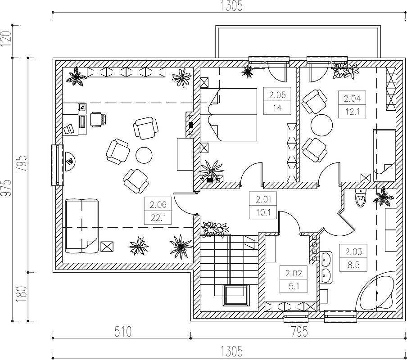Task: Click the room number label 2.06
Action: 158,205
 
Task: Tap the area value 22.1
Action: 158,218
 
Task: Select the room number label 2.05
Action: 277,95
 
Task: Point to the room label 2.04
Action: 352,99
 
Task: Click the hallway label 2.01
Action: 263,199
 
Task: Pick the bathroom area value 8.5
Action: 353,265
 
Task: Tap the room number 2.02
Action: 294,273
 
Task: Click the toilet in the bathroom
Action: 360,198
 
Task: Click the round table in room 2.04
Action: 321,125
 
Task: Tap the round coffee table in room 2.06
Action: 144,155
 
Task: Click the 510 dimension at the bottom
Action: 122,332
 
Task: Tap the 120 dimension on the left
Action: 6,39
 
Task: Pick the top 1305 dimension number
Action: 231,6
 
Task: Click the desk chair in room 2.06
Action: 98,120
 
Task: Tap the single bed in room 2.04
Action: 384,156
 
